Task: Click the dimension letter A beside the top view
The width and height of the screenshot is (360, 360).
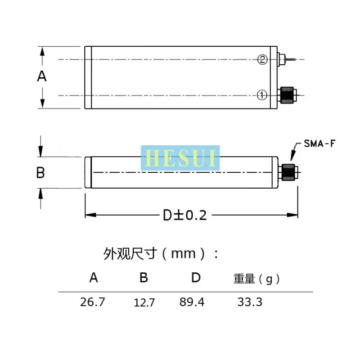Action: pos(42,76)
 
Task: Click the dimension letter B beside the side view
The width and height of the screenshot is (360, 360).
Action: pos(40,172)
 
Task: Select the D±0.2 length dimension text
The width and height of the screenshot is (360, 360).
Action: pos(184,216)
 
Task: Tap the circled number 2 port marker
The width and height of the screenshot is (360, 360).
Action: pos(263,59)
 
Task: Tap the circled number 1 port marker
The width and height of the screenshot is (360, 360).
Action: pos(262,95)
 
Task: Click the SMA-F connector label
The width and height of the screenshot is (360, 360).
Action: pos(317,144)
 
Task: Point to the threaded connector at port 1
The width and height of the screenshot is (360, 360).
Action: pos(287,95)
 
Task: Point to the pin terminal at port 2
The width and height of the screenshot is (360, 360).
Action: pos(288,59)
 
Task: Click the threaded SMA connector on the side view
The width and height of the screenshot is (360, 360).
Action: pos(288,172)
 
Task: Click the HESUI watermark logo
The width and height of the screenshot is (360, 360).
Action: pos(180,158)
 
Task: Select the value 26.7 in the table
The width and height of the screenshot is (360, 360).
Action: pos(92,302)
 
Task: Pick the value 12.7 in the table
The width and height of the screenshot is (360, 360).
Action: pos(144,303)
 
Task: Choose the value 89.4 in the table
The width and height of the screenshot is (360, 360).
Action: pos(192,302)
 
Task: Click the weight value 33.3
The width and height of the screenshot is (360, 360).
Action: pos(250,302)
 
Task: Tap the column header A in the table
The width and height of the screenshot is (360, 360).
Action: pos(94,278)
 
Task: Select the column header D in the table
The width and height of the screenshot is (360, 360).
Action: pos(196,278)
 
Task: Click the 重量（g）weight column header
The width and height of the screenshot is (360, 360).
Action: pos(256,279)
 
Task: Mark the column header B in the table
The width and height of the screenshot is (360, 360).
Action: pos(144,278)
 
